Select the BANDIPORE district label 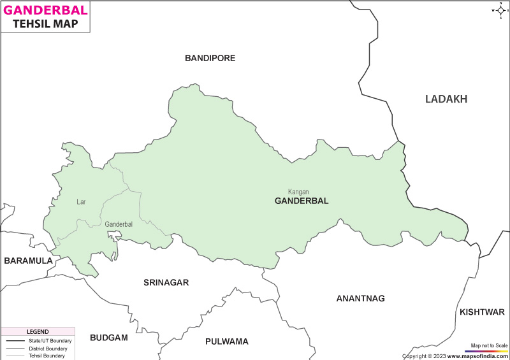[210, 58]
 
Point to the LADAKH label [446, 99]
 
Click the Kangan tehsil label [298, 191]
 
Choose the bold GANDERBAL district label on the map [302, 201]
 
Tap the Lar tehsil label [81, 202]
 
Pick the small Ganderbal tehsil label [119, 224]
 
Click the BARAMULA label [28, 261]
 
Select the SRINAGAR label [166, 282]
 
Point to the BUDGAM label [109, 337]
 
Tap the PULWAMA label [226, 342]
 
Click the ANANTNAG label [361, 298]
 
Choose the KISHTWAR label [482, 312]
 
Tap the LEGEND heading [38, 332]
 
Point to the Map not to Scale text [489, 345]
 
